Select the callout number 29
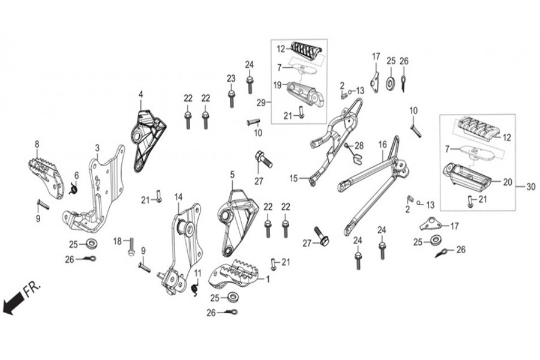click(260, 103)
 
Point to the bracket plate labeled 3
click(96, 192)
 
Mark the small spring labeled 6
click(73, 190)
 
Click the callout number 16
click(382, 145)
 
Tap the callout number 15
click(294, 178)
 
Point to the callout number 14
click(178, 196)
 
